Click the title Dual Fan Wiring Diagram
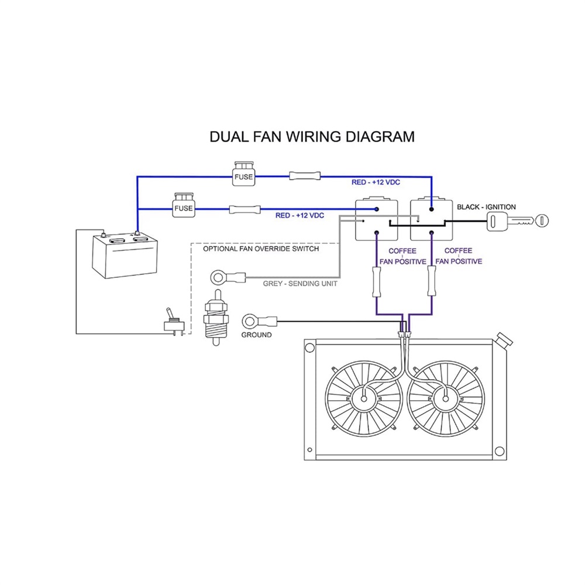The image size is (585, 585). tap(312, 137)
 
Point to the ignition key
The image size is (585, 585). tap(518, 221)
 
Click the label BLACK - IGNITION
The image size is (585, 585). tap(486, 207)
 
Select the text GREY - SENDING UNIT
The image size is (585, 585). tap(300, 284)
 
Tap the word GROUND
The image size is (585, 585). tap(256, 335)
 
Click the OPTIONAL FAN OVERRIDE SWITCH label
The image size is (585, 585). tap(261, 249)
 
